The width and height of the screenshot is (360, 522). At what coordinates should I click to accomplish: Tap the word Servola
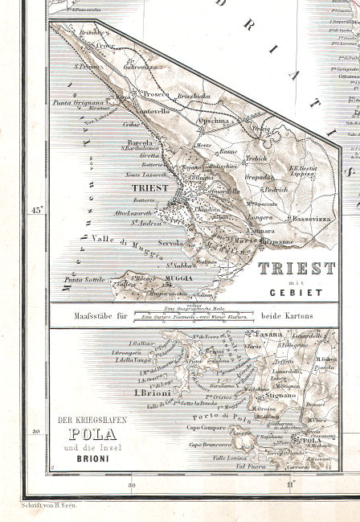170,242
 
